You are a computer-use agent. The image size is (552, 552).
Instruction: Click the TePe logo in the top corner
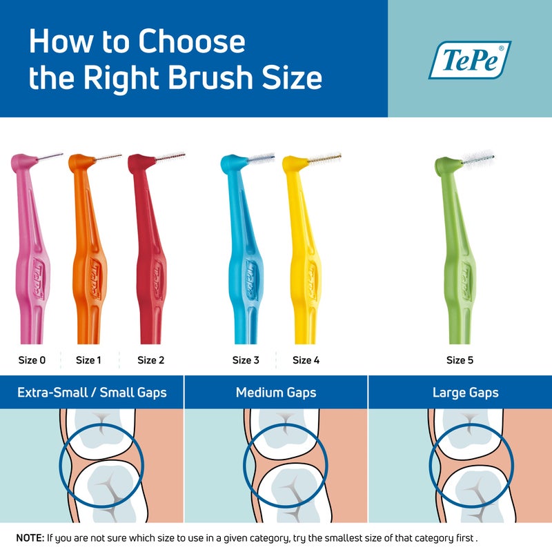click(x=469, y=59)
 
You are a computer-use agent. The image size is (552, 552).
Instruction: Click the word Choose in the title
click(x=192, y=43)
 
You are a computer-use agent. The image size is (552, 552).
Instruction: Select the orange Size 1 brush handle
click(x=90, y=262)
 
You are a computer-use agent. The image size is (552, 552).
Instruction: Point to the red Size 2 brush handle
click(x=148, y=262)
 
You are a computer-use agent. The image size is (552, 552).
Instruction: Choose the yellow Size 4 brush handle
click(x=304, y=262)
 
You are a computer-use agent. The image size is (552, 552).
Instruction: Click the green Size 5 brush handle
click(x=459, y=262)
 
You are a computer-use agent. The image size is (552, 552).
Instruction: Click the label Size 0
click(x=32, y=360)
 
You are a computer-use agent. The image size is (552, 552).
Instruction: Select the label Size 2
click(x=150, y=360)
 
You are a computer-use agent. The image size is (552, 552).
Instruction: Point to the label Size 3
click(x=246, y=360)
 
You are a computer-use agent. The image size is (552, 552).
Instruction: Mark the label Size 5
click(x=460, y=360)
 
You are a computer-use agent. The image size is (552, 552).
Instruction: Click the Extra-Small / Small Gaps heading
click(x=92, y=393)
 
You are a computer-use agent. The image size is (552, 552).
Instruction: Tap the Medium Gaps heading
click(x=276, y=393)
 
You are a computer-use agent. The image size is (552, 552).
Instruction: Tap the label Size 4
click(x=306, y=360)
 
